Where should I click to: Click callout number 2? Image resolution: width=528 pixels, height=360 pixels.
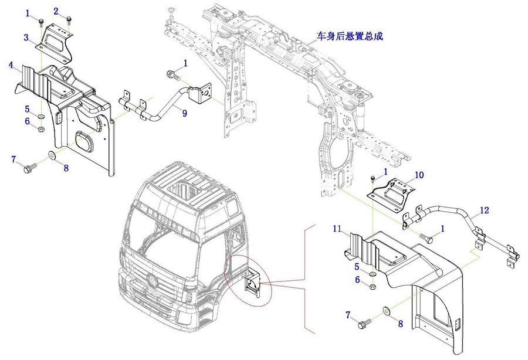pyautogui.click(x=56, y=11)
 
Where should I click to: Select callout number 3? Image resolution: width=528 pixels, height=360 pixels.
pyautogui.click(x=26, y=38)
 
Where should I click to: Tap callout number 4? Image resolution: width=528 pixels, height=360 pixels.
pyautogui.click(x=11, y=66)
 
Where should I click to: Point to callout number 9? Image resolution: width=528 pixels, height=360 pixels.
pyautogui.click(x=184, y=113)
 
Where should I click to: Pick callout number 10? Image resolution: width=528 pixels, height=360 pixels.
pyautogui.click(x=419, y=175)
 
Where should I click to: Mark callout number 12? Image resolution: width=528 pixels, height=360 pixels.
pyautogui.click(x=484, y=210)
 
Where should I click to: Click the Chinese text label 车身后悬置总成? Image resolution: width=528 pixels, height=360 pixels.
pyautogui.click(x=350, y=36)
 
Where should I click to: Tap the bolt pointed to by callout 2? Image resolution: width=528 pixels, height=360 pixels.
pyautogui.click(x=69, y=20)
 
